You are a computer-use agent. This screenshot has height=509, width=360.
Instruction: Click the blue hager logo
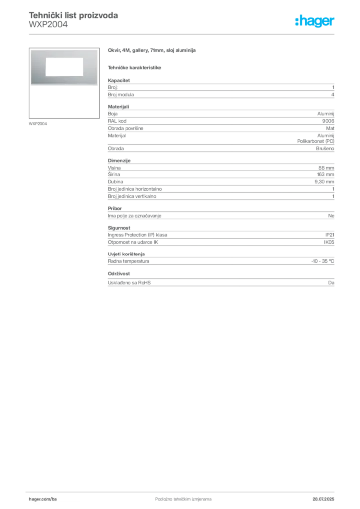click(x=316, y=21)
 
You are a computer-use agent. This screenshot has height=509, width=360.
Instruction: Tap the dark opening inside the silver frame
click(x=63, y=67)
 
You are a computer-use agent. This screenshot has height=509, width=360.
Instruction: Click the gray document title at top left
click(x=74, y=16)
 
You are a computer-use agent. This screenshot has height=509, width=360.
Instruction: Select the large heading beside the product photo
click(x=153, y=51)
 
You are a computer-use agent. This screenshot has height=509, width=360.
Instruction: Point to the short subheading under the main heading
click(x=135, y=67)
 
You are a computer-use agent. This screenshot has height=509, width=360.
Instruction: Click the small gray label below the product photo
click(x=38, y=123)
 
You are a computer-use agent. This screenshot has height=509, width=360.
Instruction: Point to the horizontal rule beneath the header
click(x=183, y=34)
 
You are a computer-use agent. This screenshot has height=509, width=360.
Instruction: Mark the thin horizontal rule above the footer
click(x=183, y=490)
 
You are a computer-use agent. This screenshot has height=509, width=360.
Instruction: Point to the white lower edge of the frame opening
click(x=63, y=75)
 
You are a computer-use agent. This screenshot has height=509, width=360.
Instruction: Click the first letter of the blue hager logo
click(x=297, y=21)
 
